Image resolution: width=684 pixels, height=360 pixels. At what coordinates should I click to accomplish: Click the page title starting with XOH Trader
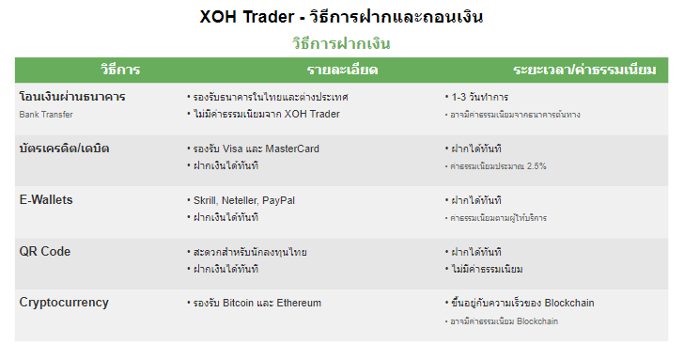point(342,17)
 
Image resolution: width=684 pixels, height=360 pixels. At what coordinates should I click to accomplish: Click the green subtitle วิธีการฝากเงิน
point(342,43)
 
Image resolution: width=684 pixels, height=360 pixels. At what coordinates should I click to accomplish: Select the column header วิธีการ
point(120,70)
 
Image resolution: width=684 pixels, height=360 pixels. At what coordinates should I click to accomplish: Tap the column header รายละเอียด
point(342,70)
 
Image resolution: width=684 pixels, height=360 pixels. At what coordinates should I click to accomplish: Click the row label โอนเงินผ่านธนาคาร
point(72,97)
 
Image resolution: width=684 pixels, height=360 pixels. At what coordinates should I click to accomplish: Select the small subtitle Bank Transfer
point(46,115)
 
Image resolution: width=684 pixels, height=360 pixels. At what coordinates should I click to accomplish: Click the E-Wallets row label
point(46,200)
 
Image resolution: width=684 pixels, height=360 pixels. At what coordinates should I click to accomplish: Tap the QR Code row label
point(45,252)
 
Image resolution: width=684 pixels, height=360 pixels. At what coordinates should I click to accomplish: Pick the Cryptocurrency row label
point(64,303)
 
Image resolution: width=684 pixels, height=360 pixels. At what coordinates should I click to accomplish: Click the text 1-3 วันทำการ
point(480,97)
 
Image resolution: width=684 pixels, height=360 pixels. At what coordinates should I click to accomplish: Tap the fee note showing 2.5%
point(499,166)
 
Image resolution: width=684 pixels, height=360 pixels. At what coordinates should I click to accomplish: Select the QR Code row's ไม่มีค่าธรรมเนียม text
point(488,269)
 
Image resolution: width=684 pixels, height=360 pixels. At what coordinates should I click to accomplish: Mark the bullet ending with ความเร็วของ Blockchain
point(522,303)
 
